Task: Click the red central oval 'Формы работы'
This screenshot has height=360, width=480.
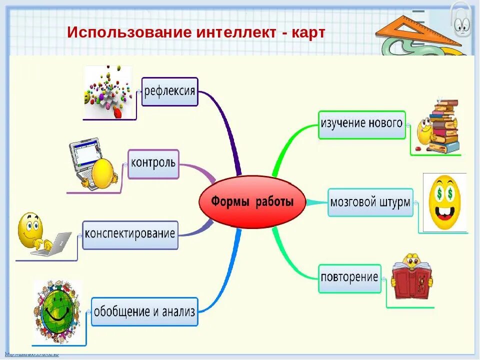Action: pyautogui.click(x=252, y=201)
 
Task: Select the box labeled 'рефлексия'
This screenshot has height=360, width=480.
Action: pyautogui.click(x=170, y=91)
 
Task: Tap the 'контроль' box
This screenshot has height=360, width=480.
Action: pyautogui.click(x=153, y=163)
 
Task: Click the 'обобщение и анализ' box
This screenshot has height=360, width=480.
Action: pyautogui.click(x=144, y=311)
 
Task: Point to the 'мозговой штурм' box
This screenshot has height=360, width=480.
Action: pyautogui.click(x=370, y=202)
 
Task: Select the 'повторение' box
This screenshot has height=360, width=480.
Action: pyautogui.click(x=349, y=278)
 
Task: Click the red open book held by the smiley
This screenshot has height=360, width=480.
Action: pyautogui.click(x=411, y=281)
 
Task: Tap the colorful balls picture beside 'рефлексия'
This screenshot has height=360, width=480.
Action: pyautogui.click(x=108, y=92)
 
